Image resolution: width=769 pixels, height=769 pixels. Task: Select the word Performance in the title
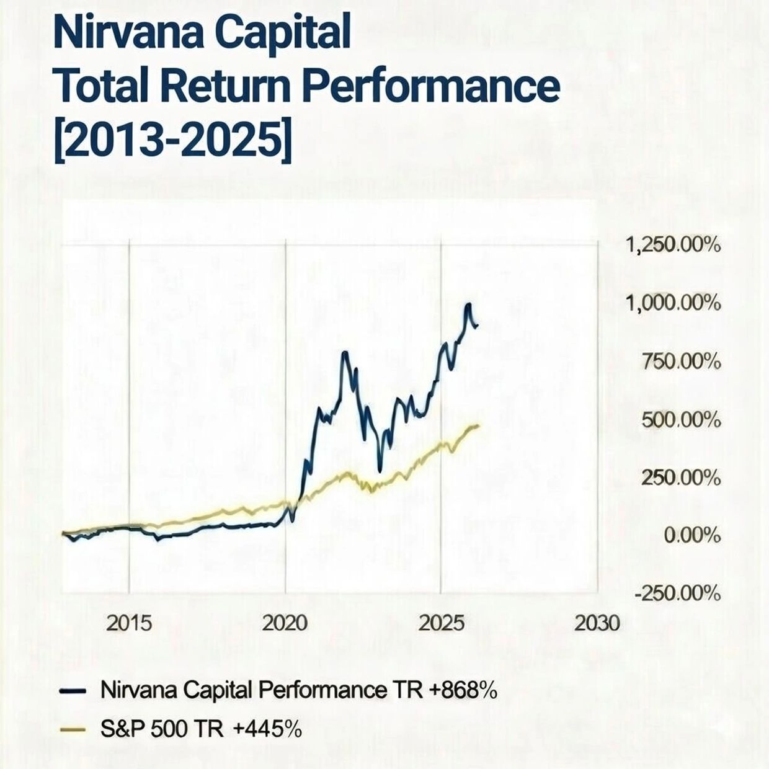pyautogui.click(x=433, y=87)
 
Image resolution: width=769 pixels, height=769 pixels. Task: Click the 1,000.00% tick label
pyautogui.click(x=673, y=303)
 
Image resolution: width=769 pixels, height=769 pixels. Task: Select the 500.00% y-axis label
pyautogui.click(x=681, y=420)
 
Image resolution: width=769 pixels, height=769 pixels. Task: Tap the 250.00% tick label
pyautogui.click(x=681, y=478)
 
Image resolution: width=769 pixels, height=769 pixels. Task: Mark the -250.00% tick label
pyautogui.click(x=677, y=593)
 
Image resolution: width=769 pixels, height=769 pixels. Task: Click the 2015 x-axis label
pyautogui.click(x=129, y=623)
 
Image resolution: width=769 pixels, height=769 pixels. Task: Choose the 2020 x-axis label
pyautogui.click(x=285, y=623)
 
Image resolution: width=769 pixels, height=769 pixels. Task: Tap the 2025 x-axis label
pyautogui.click(x=441, y=623)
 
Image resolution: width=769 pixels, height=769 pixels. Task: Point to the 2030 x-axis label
pyautogui.click(x=597, y=623)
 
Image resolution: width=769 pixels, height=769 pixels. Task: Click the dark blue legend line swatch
pyautogui.click(x=72, y=691)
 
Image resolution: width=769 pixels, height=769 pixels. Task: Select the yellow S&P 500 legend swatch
pyautogui.click(x=72, y=729)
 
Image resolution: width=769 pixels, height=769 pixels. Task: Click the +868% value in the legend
pyautogui.click(x=463, y=690)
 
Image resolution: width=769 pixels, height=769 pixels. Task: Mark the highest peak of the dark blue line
pyautogui.click(x=468, y=304)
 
